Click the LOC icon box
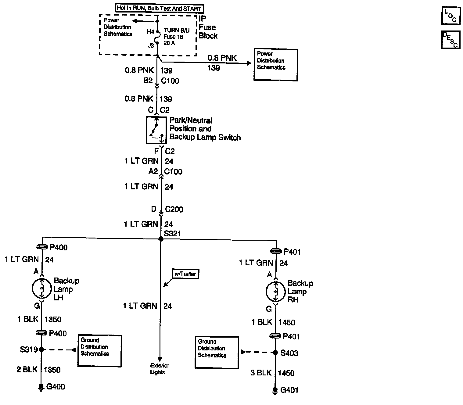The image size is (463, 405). click(x=450, y=16)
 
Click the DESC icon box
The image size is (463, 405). click(x=450, y=40)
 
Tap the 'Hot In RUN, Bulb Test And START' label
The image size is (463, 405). click(x=159, y=8)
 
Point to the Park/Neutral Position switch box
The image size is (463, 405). click(x=156, y=130)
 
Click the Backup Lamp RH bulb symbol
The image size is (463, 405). click(x=275, y=292)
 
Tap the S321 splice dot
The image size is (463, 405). click(x=161, y=239)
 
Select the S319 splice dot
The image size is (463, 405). click(x=41, y=349)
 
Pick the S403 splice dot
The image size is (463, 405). click(x=275, y=353)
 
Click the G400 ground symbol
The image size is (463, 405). click(x=41, y=387)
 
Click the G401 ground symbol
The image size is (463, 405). click(x=275, y=391)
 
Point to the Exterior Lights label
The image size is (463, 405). click(x=159, y=369)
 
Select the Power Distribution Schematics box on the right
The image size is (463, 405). click(x=275, y=65)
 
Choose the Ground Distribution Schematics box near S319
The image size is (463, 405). click(x=99, y=350)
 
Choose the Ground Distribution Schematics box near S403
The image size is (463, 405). click(x=217, y=352)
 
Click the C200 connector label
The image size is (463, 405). click(x=174, y=210)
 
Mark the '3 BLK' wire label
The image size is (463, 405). click(x=261, y=373)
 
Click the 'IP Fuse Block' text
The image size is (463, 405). click(x=208, y=28)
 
